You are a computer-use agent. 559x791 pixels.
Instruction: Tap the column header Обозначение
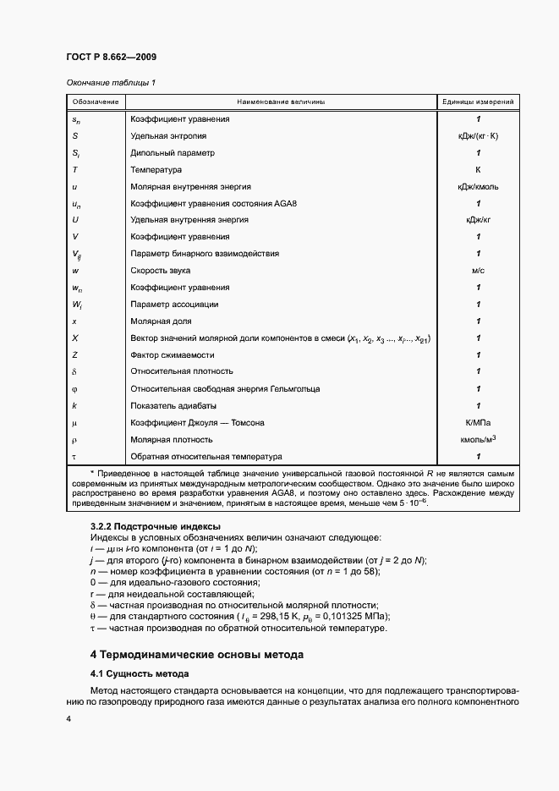[96, 102]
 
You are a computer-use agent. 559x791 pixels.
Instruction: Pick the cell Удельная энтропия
[168, 135]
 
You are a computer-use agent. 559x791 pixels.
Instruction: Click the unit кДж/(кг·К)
[478, 135]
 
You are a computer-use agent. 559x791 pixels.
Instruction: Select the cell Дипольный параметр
[173, 152]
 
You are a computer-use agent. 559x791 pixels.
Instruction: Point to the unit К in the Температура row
[478, 169]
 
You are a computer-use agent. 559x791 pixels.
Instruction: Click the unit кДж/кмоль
[478, 186]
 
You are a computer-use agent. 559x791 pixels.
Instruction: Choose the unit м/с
[478, 271]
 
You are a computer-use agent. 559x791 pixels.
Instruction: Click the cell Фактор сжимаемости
[172, 355]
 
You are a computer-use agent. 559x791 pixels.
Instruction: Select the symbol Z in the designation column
[75, 355]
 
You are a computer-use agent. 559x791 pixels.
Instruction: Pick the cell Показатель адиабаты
[172, 406]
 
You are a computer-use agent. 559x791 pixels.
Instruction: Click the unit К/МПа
[478, 423]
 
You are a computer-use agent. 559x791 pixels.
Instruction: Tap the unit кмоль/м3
[478, 439]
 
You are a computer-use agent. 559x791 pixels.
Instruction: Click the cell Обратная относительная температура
[200, 456]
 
